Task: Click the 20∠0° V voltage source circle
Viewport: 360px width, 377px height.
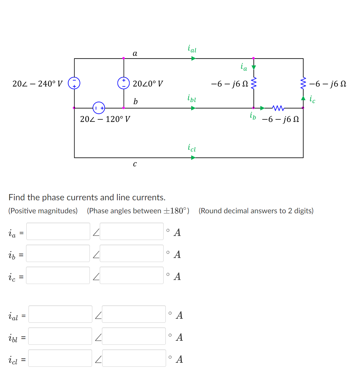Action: tap(124, 83)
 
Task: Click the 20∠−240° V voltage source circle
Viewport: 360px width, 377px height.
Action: tap(74, 83)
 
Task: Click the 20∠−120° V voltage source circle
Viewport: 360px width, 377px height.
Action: tap(99, 108)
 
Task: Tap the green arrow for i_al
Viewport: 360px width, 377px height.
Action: tap(193, 58)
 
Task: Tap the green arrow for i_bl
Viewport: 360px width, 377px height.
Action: tap(193, 108)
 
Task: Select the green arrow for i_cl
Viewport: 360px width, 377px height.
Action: tap(193, 157)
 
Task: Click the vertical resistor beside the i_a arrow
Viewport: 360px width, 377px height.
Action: tap(254, 83)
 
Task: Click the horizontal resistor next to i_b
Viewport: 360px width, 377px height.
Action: tap(278, 108)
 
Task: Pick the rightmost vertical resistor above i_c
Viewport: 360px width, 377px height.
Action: tap(303, 83)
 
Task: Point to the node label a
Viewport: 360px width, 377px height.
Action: tap(135, 53)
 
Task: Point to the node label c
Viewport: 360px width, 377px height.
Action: tap(135, 164)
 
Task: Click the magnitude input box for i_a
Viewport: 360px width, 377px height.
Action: tap(58, 231)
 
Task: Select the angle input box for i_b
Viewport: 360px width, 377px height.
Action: tap(131, 253)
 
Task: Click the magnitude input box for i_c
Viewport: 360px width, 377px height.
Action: tap(58, 275)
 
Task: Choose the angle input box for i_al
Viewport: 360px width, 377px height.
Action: tap(134, 314)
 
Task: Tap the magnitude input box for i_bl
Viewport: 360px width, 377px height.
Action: tap(60, 336)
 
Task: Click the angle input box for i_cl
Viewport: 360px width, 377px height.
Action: tap(134, 358)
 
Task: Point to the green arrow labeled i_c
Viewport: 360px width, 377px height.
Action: tap(303, 98)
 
